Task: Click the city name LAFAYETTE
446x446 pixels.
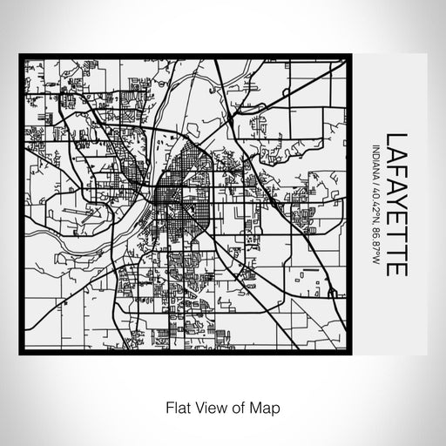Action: tap(397, 204)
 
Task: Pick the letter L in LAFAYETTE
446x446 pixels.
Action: tap(397, 137)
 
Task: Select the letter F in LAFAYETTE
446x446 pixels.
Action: tap(397, 171)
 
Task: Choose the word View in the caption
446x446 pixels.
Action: tap(204, 406)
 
